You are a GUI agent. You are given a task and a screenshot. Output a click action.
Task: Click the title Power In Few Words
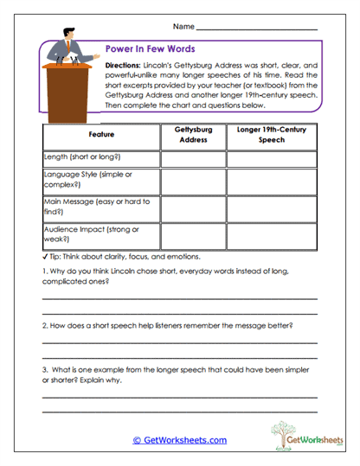coord(149,49)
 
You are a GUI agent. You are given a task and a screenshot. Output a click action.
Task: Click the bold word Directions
coord(122,66)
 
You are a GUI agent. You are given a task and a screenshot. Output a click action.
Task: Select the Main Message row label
coord(96,206)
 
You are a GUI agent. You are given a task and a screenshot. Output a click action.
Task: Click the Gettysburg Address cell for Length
coord(193,158)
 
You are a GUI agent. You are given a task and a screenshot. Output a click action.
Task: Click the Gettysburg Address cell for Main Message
coord(193,207)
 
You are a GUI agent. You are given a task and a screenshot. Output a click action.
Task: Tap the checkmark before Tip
coord(44,257)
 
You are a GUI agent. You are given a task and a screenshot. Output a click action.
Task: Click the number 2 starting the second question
coord(44,325)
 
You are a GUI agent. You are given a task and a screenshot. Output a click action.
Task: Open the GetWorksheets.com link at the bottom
coord(179,440)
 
